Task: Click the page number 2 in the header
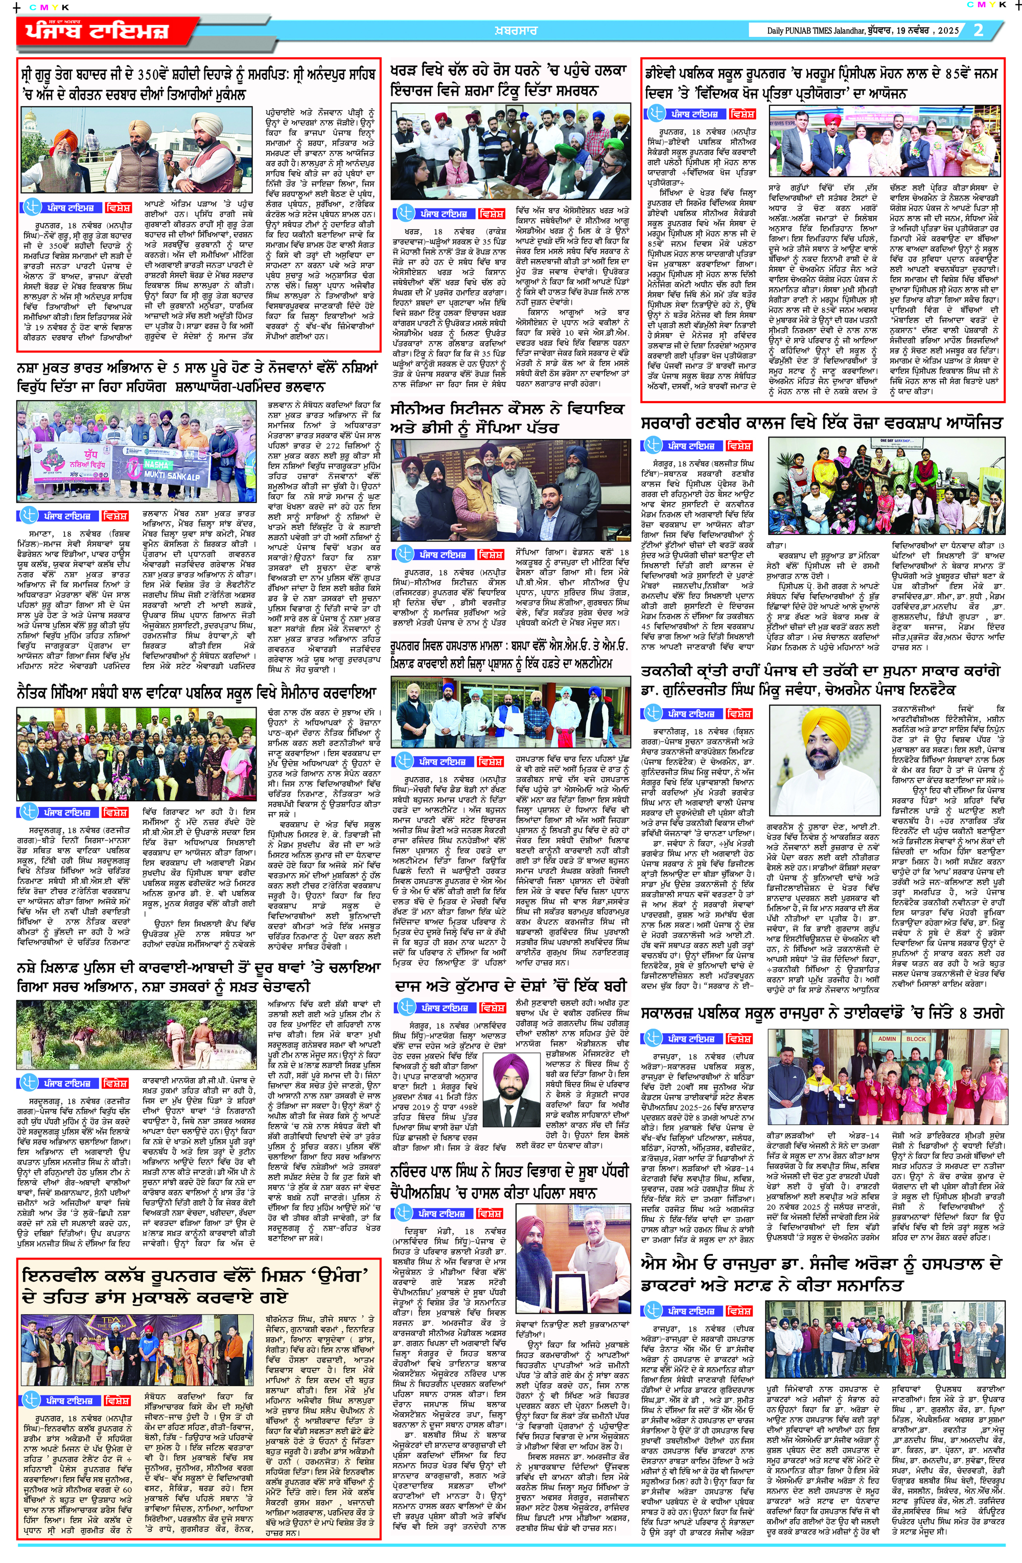[x=979, y=30]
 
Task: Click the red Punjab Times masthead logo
[x=99, y=31]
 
